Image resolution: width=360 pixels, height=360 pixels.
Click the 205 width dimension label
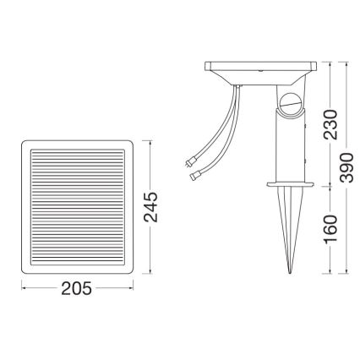[79, 288]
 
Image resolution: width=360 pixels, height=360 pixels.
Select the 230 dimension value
[331, 123]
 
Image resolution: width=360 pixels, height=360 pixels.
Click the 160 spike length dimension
[331, 227]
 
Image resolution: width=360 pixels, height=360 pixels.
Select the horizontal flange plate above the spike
[290, 183]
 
